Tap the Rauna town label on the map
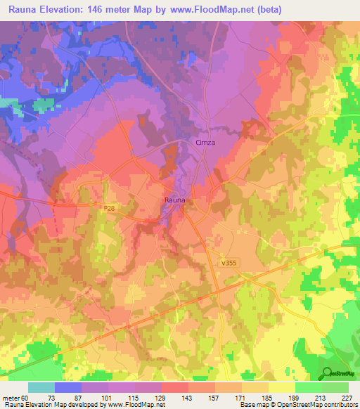pos(175,201)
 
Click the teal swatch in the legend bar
pos(41,388)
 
